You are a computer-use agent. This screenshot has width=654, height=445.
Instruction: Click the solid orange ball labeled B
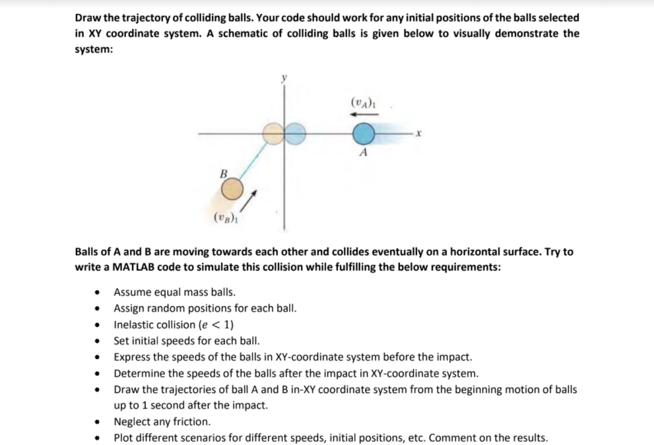230,191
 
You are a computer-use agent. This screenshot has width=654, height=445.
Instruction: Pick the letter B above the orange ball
223,174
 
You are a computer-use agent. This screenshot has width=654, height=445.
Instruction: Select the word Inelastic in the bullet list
135,324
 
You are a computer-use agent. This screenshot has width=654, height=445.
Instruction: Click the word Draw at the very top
88,18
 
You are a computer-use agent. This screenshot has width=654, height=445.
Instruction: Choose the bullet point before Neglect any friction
98,421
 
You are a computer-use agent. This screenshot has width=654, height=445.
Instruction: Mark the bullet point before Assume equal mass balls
98,292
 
